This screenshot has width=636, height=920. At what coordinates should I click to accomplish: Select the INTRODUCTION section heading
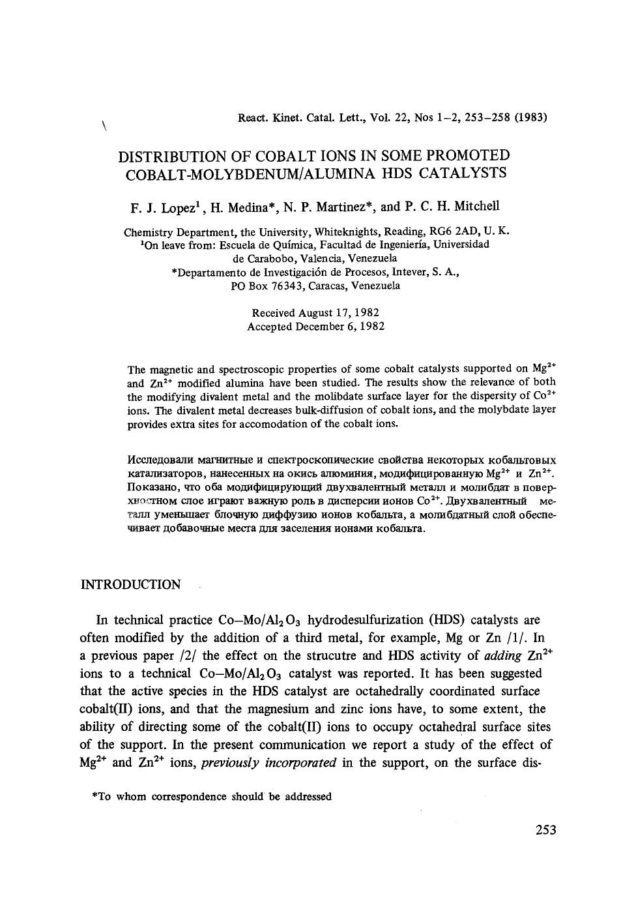click(130, 585)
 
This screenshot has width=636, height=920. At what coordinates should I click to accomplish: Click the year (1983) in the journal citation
click(530, 118)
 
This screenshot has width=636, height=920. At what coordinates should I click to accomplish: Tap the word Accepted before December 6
click(269, 326)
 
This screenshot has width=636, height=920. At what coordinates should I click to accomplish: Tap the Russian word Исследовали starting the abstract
click(157, 460)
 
